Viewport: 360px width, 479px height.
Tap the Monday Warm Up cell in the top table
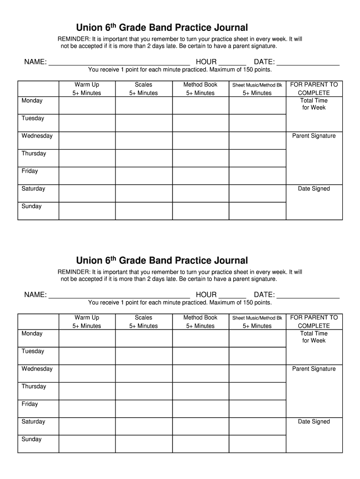87,105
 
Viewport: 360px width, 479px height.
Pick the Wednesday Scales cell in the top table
144,140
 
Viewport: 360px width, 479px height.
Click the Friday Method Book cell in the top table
201,176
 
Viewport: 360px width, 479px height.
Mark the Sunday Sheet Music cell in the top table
257,211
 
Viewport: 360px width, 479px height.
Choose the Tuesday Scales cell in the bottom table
144,356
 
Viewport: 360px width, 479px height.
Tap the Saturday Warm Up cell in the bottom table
87,426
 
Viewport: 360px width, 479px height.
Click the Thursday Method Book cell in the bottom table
201,391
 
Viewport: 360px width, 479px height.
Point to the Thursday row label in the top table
34,153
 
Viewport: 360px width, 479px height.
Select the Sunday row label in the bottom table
31,439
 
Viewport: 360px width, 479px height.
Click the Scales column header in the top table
144,85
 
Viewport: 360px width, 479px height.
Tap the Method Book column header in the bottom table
201,318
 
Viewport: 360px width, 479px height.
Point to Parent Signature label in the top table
314,136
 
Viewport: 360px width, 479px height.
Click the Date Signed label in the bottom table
314,421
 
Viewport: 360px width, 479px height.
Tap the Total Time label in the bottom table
314,334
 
